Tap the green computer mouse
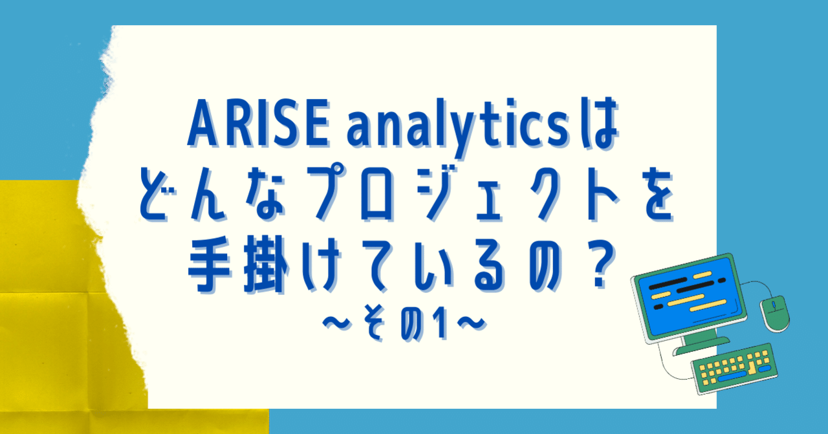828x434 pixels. pos(774,313)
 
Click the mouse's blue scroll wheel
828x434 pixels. pos(772,304)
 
